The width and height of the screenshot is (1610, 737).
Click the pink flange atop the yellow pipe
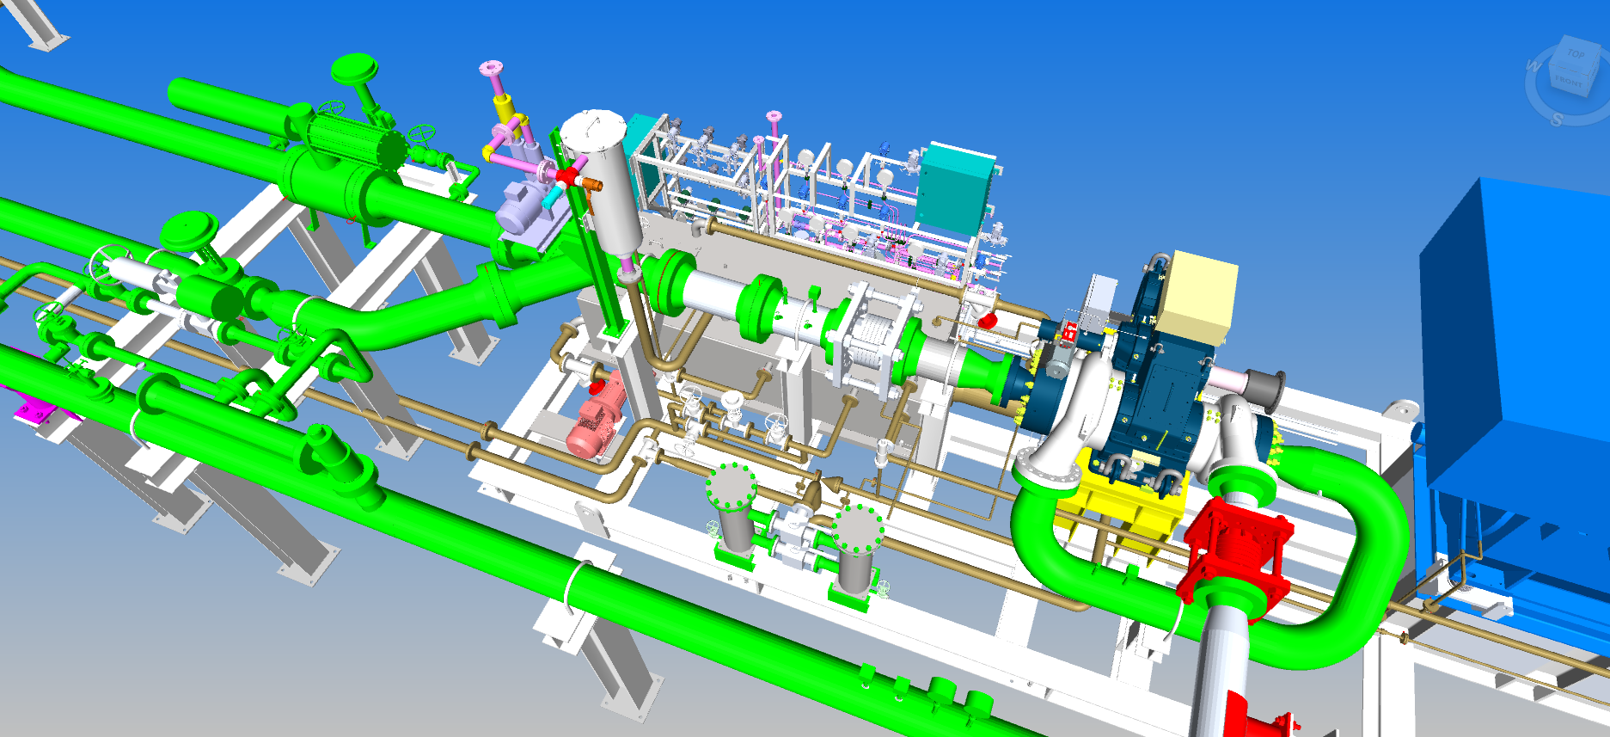[491, 68]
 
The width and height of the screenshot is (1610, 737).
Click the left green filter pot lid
[731, 486]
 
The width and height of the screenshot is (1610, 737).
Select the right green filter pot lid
[858, 529]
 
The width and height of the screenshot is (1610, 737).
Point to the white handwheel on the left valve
[109, 262]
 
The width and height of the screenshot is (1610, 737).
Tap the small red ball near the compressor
[989, 321]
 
